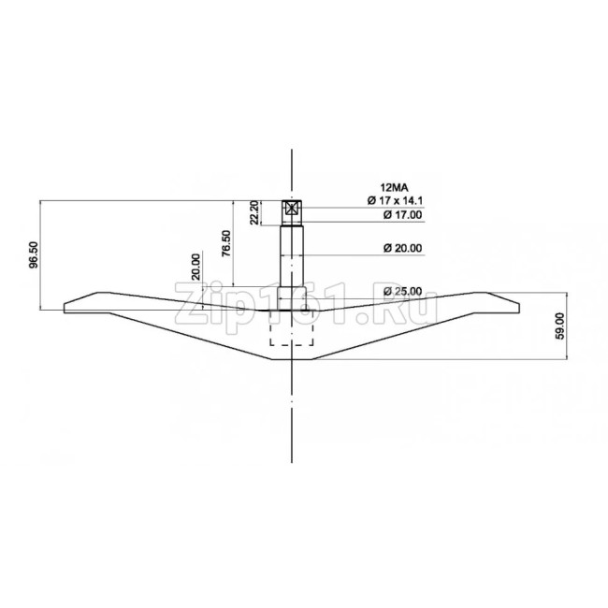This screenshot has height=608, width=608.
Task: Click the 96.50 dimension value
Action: pos(34,254)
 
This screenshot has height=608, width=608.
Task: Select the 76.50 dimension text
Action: pos(226,243)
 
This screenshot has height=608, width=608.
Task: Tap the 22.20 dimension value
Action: pos(254,212)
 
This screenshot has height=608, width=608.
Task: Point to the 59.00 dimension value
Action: pos(560,326)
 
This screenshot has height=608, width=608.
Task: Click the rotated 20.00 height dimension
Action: pos(195,267)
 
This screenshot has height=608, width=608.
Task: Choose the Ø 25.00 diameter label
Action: pos(402,291)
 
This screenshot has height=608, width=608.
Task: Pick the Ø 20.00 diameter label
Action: pos(402,248)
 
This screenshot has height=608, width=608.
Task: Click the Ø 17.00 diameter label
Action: pos(402,215)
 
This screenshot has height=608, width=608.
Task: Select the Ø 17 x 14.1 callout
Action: pos(395,200)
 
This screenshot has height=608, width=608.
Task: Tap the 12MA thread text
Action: pos(395,188)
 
